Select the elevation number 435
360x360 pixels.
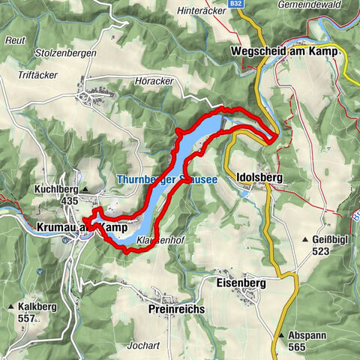click(x=70, y=201)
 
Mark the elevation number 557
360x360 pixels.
click(x=27, y=319)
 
